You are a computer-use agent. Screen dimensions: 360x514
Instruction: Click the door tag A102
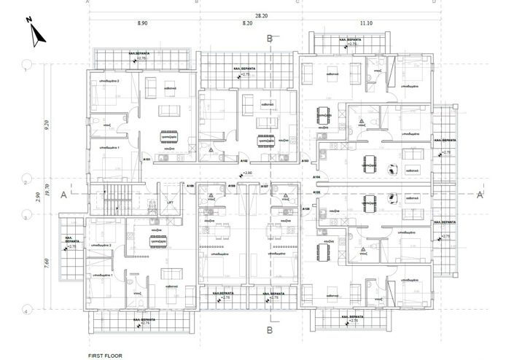point(244,160)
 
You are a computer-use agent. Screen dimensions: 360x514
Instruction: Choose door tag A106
point(231,186)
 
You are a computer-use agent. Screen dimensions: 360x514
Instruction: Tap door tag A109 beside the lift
point(190,186)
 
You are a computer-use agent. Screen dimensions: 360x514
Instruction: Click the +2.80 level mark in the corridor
point(248,173)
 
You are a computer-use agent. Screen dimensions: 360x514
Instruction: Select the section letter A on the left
point(65,195)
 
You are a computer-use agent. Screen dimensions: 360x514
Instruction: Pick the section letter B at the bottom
point(270,330)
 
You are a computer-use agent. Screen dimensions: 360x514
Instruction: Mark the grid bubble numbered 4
point(27,311)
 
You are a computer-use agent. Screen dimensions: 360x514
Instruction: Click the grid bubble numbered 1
point(27,63)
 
